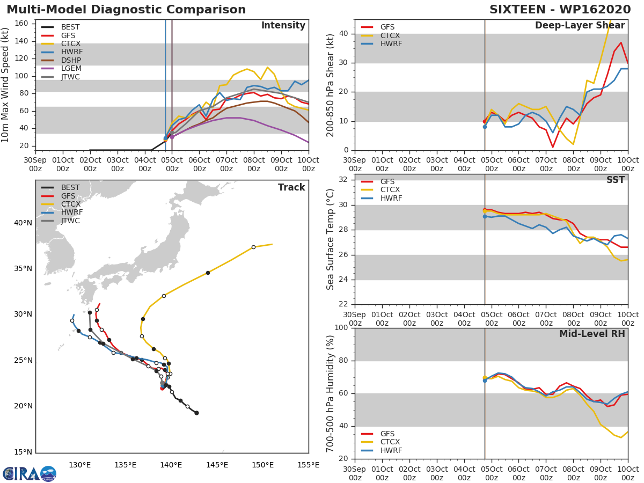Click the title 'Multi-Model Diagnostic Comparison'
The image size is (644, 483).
pos(126,10)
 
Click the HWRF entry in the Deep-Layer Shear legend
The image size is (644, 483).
pos(391,44)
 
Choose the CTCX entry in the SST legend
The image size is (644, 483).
pos(390,190)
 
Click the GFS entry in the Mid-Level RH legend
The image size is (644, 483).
pos(387,434)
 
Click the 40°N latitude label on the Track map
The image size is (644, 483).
pos(23,223)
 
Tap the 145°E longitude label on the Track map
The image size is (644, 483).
pos(217,465)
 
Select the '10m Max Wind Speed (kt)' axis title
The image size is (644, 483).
pos(6,85)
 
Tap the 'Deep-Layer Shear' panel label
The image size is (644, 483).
pos(580,26)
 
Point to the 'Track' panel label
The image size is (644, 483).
pos(291,187)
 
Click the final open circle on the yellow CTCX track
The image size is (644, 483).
pos(253,247)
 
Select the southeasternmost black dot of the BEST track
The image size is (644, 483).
pos(196,413)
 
